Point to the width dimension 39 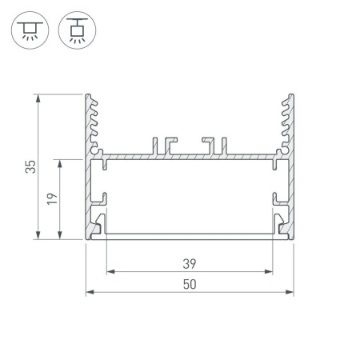click(x=190, y=263)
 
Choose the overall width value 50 click(x=190, y=283)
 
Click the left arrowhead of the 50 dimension click(x=90, y=292)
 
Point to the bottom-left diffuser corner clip click(x=98, y=226)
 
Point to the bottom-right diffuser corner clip click(x=282, y=226)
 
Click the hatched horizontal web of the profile click(x=190, y=155)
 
